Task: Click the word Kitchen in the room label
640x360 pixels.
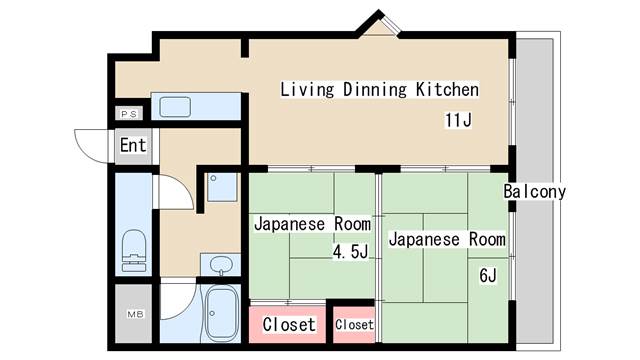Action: coord(447,90)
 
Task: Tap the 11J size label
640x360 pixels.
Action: coord(458,121)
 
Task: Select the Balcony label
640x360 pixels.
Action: coord(535,191)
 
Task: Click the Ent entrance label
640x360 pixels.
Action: coord(133,145)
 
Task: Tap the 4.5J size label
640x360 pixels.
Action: coord(351,252)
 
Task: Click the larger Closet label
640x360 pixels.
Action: coord(288,324)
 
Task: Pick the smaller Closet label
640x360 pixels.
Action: coord(354,325)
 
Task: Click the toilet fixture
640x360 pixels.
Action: coord(132,250)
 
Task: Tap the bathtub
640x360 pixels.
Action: coord(219,314)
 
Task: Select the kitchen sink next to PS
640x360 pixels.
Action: coord(176,106)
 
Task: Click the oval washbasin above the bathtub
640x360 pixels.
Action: coord(221,264)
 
